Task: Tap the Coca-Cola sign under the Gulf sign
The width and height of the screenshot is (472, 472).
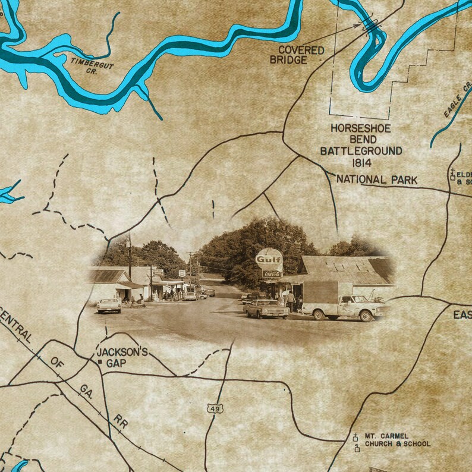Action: point(272,274)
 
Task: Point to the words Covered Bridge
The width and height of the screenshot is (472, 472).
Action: point(297,55)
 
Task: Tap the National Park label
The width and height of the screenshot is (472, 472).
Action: point(377,180)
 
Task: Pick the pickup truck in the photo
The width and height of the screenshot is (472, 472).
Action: point(344,306)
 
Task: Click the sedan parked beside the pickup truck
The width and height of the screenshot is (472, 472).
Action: point(266,308)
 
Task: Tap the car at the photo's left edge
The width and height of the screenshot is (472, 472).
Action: point(108,305)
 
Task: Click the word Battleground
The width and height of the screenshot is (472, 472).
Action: point(361,151)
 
